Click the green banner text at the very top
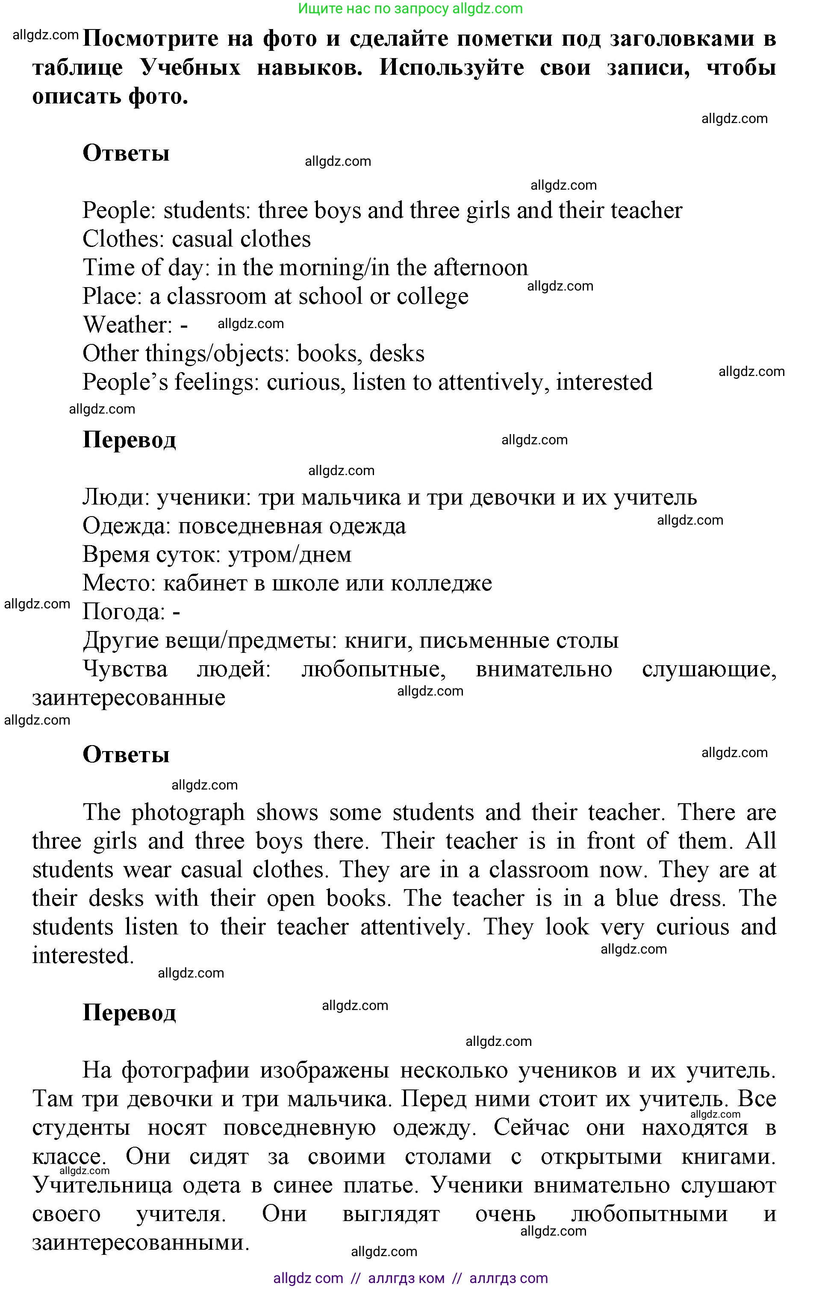point(410,9)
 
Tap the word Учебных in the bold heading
point(190,68)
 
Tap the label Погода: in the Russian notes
point(124,612)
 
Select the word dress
point(698,898)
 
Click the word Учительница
point(102,1185)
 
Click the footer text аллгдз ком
point(406,1278)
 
